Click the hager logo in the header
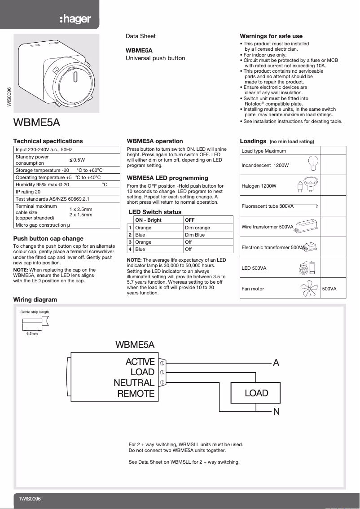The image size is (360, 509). [75, 19]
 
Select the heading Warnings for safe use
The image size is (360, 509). [271, 36]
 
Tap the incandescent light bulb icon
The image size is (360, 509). [314, 164]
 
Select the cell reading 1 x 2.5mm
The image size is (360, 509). [81, 209]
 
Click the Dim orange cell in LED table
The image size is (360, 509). [198, 228]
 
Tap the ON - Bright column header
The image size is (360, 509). [148, 220]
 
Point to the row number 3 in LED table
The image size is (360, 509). [130, 242]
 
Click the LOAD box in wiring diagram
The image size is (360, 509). [256, 393]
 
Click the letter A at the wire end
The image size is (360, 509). [276, 363]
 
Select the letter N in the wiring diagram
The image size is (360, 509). [277, 412]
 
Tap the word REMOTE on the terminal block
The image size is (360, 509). [136, 394]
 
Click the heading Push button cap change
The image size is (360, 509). [48, 238]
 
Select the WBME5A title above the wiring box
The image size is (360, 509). [135, 345]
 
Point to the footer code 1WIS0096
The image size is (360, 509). [30, 499]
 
